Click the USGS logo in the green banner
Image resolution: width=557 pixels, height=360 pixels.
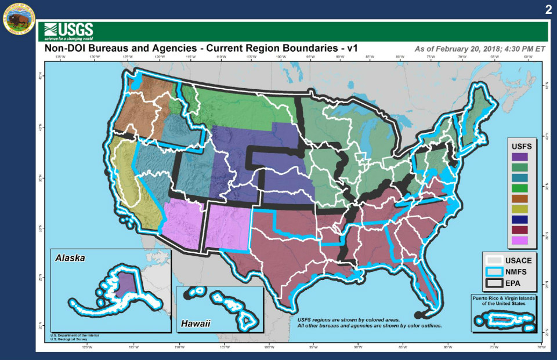(x=68, y=30)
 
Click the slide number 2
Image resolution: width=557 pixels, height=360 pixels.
(x=548, y=10)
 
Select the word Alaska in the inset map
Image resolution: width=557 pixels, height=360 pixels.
(x=70, y=257)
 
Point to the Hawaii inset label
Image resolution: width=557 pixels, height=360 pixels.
(x=194, y=323)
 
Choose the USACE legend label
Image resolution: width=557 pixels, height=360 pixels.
(x=518, y=260)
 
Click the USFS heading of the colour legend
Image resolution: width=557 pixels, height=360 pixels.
(x=520, y=146)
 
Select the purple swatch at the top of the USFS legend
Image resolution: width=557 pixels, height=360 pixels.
(x=520, y=157)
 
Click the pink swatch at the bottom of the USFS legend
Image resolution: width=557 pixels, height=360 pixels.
(x=520, y=240)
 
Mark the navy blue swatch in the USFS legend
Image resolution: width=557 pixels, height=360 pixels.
(x=520, y=219)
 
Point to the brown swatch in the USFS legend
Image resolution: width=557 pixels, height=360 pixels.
(x=520, y=198)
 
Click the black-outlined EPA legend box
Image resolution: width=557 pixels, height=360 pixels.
(x=494, y=283)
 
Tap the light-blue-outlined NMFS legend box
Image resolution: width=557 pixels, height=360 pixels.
(x=494, y=272)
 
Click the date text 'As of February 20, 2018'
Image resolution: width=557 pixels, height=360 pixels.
(x=458, y=49)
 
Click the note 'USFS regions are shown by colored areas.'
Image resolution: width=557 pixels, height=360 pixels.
(x=356, y=319)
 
